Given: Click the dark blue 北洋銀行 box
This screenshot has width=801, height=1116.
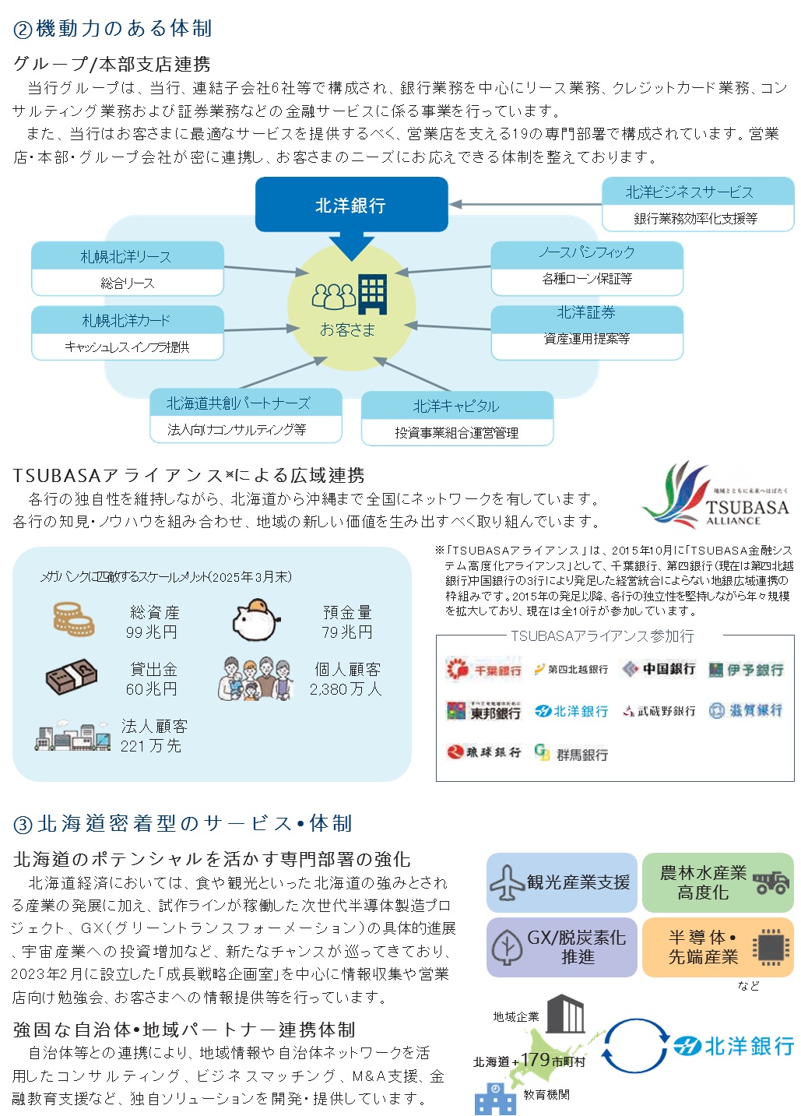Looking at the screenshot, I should tap(351, 205).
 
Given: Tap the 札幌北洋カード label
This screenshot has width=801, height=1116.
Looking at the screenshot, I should tap(126, 321).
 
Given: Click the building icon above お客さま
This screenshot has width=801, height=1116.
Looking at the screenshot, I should tap(372, 294).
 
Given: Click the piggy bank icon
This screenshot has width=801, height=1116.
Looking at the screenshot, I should tap(256, 620).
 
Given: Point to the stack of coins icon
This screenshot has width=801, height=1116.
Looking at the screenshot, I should tap(74, 620).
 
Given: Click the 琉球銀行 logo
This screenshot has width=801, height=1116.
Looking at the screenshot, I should tap(483, 752).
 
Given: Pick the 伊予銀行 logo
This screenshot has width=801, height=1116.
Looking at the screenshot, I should tap(746, 670).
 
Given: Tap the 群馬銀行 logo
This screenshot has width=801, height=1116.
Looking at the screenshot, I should tap(571, 753).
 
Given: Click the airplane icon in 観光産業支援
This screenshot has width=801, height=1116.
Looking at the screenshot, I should tap(507, 883).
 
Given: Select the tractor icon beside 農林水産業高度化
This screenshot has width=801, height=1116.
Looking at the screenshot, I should tap(771, 883).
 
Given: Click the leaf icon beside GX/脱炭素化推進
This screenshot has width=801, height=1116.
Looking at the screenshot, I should tap(507, 948).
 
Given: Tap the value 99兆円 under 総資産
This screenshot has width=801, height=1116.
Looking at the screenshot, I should tap(152, 632).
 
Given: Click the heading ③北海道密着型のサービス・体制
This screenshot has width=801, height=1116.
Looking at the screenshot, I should tap(183, 823).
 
